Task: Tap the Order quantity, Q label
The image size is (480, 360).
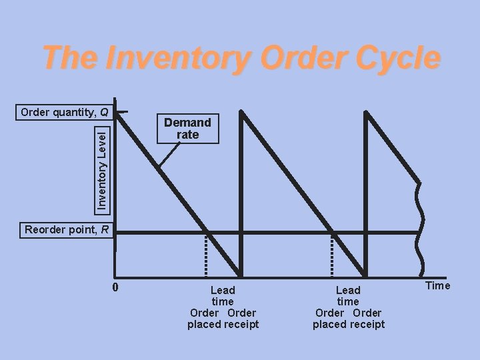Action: coord(65,111)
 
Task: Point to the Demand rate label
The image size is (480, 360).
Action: coord(187,128)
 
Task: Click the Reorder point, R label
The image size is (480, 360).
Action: coord(61,231)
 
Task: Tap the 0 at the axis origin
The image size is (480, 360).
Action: coord(115,288)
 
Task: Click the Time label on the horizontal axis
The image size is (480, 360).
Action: coord(437,286)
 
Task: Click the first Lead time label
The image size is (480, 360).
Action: coord(223,296)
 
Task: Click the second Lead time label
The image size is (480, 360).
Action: coord(348,296)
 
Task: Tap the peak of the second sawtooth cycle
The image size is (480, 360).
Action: coord(241,112)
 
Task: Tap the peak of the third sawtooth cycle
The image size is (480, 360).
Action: coord(367,112)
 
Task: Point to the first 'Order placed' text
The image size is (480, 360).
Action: coord(204,319)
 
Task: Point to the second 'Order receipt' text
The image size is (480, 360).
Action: coord(367,319)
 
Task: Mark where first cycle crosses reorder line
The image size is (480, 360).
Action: coord(207,232)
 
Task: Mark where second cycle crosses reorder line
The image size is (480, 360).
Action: coord(333,232)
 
